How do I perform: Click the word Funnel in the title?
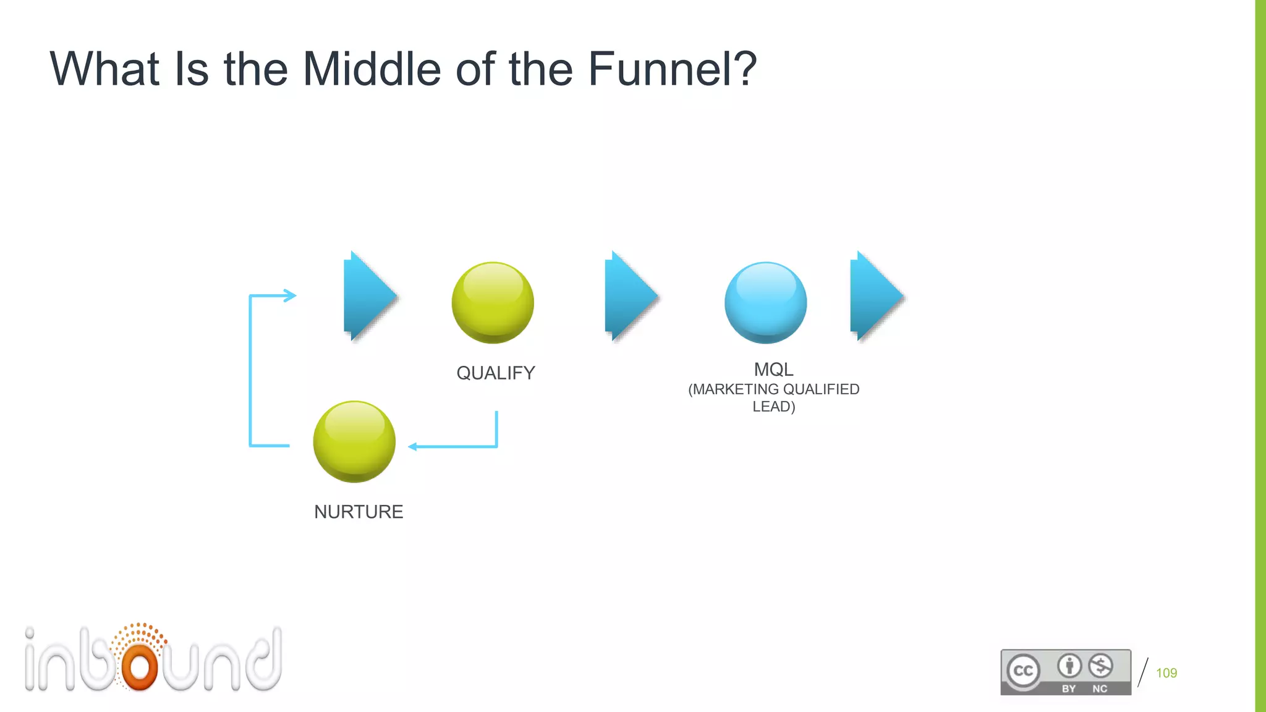(x=673, y=69)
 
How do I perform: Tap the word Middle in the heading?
(x=371, y=69)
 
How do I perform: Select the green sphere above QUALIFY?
(x=493, y=303)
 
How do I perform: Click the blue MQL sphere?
(x=765, y=303)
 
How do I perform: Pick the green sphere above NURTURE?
(x=354, y=441)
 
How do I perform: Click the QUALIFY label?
(x=496, y=373)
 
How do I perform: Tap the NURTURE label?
(x=359, y=512)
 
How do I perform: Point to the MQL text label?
(x=773, y=370)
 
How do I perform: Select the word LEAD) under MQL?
(x=773, y=407)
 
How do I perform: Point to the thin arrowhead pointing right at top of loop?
(x=291, y=295)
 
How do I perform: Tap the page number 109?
(x=1166, y=673)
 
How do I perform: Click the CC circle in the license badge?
(x=1023, y=671)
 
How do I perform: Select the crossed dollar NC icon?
(x=1100, y=666)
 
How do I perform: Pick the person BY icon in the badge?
(x=1069, y=666)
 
